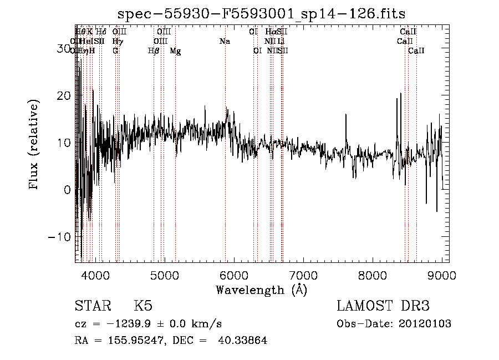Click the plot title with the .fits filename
pos(262,13)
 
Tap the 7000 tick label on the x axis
pos(303,275)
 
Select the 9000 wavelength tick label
pos(442,275)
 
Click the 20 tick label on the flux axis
pos(64,96)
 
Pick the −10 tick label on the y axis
pos(60,237)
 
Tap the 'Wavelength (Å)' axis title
pos(261,290)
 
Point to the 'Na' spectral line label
pos(225,42)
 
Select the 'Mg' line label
pos(175,51)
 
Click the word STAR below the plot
pos(92,306)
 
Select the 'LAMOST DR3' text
pos(383,306)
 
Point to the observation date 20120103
pos(425,324)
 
